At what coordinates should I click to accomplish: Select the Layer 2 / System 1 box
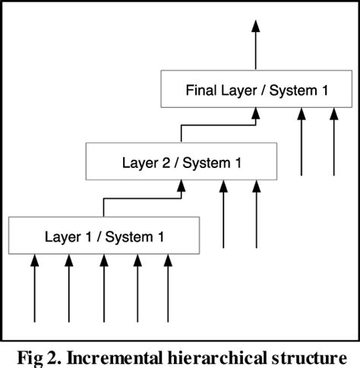180,161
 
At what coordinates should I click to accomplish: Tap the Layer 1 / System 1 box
104,236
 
